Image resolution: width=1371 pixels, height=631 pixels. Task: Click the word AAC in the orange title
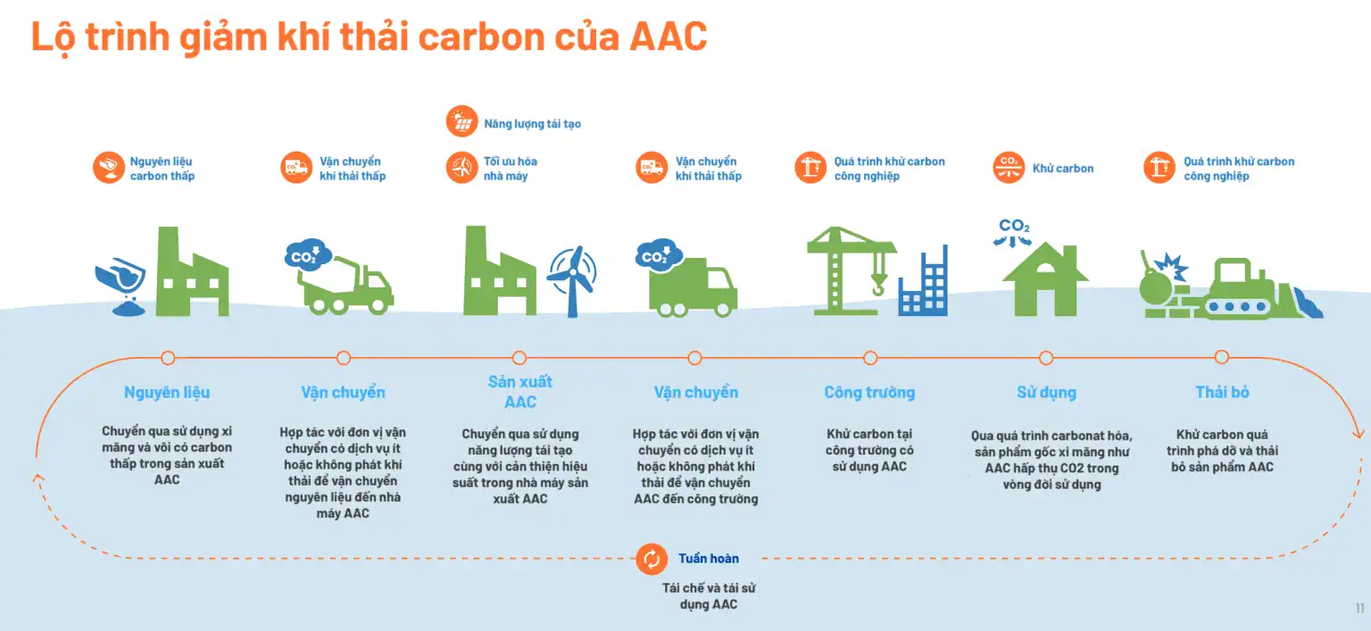(669, 37)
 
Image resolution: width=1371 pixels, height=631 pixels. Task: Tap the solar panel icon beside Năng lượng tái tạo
(461, 121)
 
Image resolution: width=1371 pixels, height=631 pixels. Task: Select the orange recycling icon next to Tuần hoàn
(652, 559)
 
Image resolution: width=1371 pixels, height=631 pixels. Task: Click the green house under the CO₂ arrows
(1045, 279)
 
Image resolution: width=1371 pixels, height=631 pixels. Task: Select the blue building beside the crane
(923, 281)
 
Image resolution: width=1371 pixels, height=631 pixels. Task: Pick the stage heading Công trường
(869, 393)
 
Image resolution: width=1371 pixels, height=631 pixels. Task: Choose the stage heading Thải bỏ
(1222, 393)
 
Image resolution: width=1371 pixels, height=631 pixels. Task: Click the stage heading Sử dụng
(1046, 393)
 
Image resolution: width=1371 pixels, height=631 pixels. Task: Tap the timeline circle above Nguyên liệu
(168, 357)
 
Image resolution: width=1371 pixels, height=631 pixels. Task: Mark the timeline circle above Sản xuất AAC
(519, 357)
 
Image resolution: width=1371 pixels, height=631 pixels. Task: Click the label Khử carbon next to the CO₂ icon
(1062, 169)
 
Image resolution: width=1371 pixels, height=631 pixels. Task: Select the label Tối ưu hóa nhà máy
(510, 169)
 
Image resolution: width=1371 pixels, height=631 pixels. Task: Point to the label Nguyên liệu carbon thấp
(162, 169)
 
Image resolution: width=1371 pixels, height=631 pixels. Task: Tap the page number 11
(1359, 608)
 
